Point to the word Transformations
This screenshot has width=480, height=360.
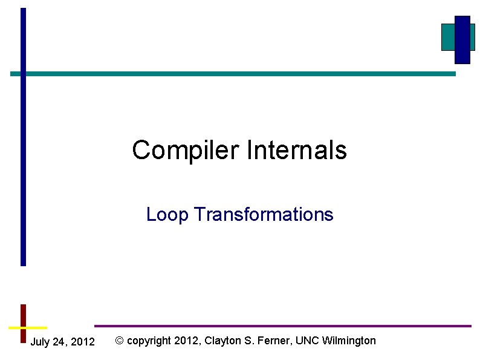coord(264,215)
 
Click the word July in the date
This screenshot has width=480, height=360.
coord(40,342)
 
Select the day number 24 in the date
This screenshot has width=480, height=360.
coord(60,342)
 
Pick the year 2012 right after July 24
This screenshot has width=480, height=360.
coord(83,342)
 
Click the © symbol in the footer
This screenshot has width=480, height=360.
coord(120,341)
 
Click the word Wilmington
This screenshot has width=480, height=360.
coord(349,341)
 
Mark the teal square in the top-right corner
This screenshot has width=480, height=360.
coord(448,37)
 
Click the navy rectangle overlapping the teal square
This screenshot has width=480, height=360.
coord(462,39)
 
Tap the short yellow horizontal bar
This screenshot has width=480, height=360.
coord(28,327)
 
